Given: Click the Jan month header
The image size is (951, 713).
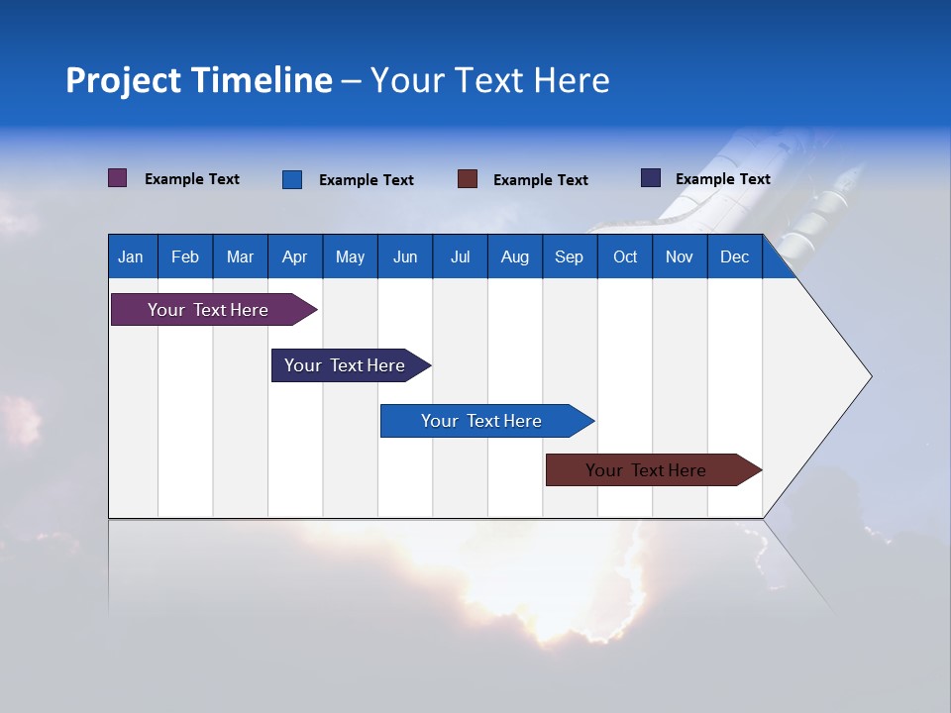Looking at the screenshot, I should [131, 257].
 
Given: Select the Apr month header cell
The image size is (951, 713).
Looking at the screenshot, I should [294, 257].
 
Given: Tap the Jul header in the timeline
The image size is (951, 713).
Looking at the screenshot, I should [460, 257].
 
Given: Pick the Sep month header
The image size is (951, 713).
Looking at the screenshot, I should [569, 257].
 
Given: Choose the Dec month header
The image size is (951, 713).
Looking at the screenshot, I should [734, 257].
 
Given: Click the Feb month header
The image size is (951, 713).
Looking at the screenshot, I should [185, 257].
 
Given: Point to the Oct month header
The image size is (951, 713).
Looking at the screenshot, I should [625, 257].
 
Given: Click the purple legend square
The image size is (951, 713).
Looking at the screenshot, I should [118, 178].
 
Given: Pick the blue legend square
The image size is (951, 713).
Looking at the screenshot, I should [292, 179].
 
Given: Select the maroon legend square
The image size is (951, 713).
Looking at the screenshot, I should [468, 179].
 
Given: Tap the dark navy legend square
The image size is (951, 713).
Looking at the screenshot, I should [651, 178].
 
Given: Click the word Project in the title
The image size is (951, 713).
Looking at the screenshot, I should [122, 80].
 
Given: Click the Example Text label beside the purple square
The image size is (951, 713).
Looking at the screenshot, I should [192, 179].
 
